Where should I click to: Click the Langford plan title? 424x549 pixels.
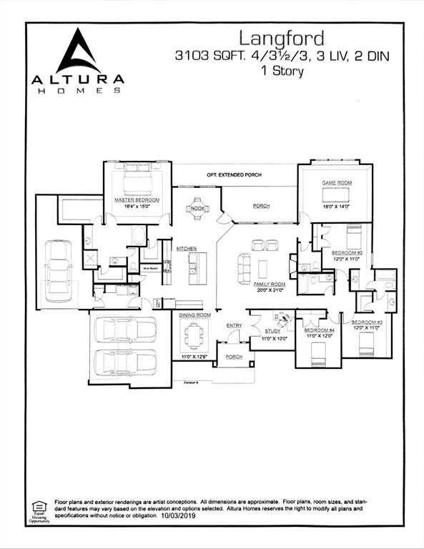click(281, 38)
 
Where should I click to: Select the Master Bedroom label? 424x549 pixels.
click(137, 200)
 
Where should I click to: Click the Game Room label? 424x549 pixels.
click(336, 184)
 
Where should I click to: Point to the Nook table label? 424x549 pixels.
click(197, 209)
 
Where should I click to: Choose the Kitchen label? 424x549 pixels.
click(187, 248)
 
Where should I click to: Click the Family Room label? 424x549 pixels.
click(269, 284)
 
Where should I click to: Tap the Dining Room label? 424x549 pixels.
click(194, 315)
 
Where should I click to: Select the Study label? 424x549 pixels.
click(272, 331)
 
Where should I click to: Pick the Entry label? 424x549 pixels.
click(235, 326)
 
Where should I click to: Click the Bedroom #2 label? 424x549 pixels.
click(347, 253)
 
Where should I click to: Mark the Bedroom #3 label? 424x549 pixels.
click(368, 322)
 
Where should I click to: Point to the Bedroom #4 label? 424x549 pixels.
click(318, 330)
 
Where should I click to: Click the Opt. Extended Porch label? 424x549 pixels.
click(234, 175)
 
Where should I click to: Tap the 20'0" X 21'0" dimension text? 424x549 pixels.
click(269, 290)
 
